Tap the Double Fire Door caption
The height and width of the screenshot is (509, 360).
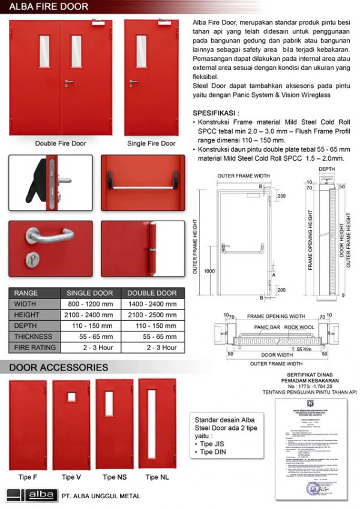click(61, 143)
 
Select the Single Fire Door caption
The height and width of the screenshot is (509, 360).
click(151, 143)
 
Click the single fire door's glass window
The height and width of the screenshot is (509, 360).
click(141, 51)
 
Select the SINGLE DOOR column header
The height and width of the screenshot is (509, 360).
click(90, 293)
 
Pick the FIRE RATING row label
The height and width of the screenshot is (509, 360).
click(34, 347)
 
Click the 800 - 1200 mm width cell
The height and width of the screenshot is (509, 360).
click(90, 304)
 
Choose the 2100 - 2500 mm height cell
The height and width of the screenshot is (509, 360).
click(152, 315)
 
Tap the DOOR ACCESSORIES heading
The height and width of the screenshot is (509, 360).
click(58, 367)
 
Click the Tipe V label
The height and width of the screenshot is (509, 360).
click(71, 477)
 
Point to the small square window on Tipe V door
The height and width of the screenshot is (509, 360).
click(71, 397)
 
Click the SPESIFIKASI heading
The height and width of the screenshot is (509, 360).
click(215, 113)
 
